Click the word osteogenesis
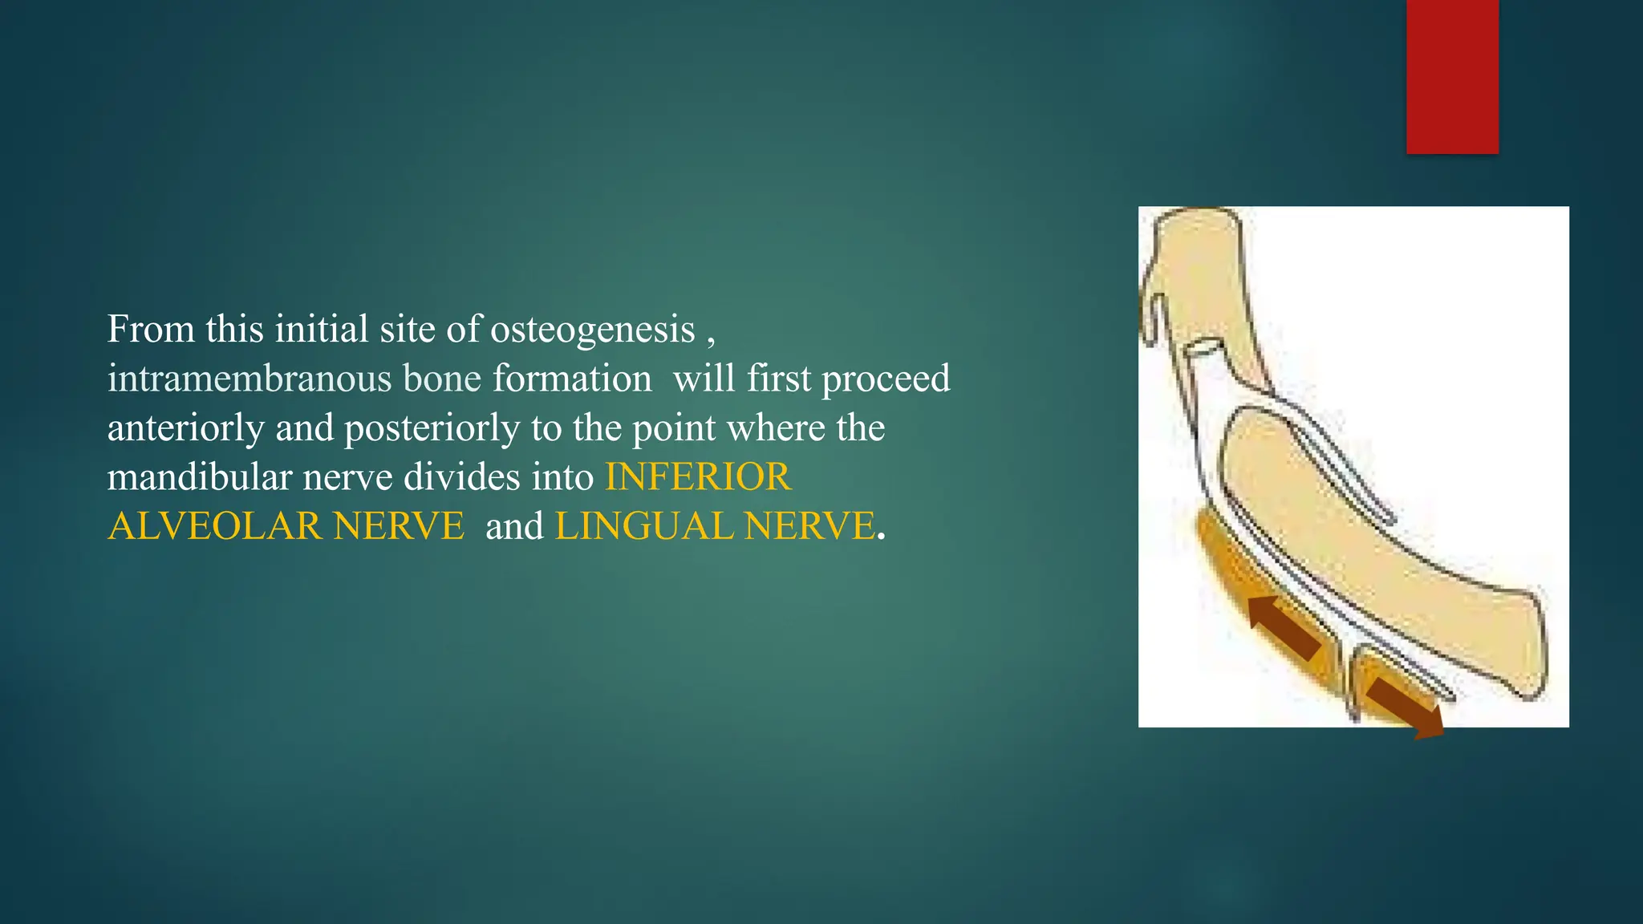click(x=592, y=330)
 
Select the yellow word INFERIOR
click(x=698, y=477)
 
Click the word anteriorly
click(x=185, y=429)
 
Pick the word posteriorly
click(x=432, y=429)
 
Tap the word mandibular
click(x=200, y=478)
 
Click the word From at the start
click(x=151, y=330)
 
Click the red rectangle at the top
click(x=1452, y=76)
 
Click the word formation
click(x=571, y=379)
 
